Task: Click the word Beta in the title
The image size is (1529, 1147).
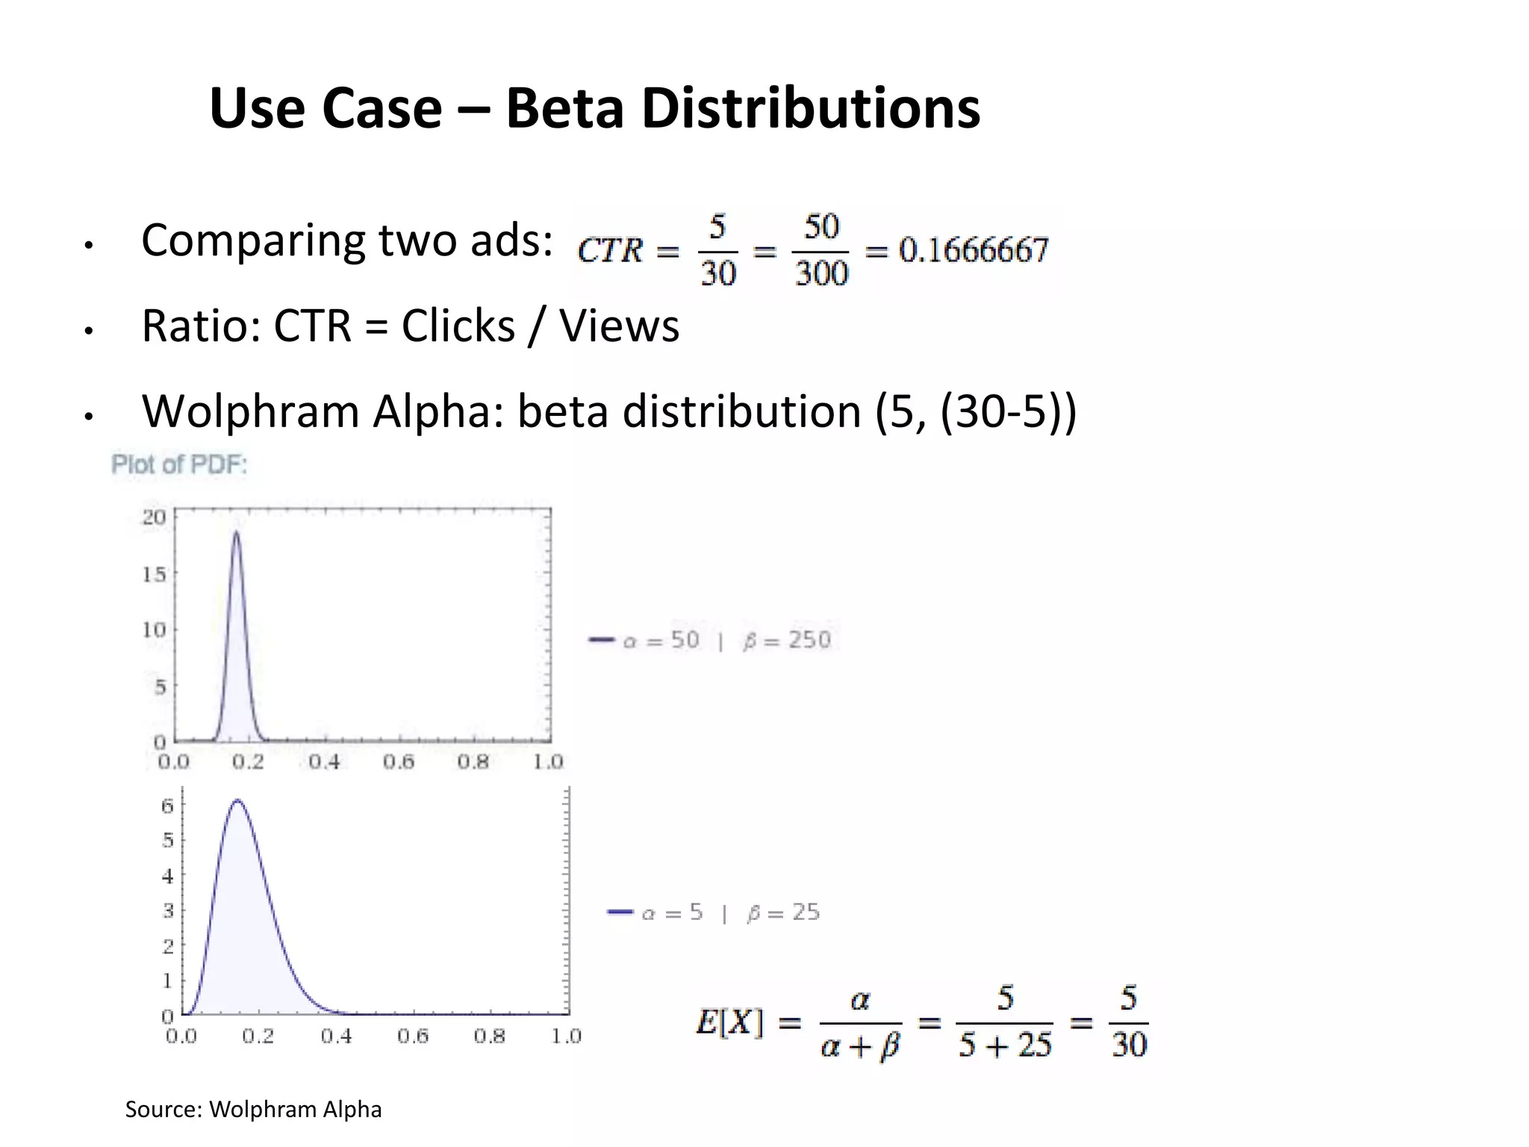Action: pos(565,109)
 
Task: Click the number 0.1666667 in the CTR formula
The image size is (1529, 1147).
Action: pos(974,250)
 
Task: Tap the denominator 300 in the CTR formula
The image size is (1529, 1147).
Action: pos(821,273)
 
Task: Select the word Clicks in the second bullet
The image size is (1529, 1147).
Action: pos(458,326)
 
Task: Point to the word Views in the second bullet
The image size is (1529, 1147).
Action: pos(620,326)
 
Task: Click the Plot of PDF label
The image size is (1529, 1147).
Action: pos(179,464)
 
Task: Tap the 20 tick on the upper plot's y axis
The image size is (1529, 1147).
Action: pos(154,517)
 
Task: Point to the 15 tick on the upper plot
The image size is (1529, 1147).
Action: pos(154,574)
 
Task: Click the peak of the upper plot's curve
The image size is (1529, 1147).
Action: pos(237,532)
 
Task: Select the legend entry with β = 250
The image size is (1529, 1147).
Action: pos(713,640)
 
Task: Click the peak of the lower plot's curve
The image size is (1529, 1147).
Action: pos(237,801)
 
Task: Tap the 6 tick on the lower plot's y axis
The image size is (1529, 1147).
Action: pos(167,806)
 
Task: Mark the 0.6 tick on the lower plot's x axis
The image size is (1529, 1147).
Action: pos(412,1036)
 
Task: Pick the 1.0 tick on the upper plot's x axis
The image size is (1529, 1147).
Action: pos(548,762)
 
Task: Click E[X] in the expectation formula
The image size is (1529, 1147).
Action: pos(729,1022)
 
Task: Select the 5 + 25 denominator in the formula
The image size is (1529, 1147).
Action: pos(1005,1045)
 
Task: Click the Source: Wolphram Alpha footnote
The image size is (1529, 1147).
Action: pos(253,1110)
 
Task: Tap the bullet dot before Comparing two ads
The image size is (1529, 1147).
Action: pos(89,245)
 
